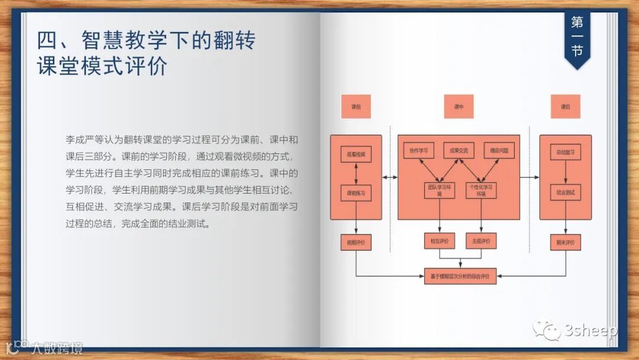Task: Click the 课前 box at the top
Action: [x=356, y=107]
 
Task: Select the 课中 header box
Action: [x=459, y=107]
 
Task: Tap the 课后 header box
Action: [x=565, y=107]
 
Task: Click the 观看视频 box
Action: [x=356, y=155]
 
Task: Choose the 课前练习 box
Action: [x=356, y=193]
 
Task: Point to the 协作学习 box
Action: [x=419, y=150]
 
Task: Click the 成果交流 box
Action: [x=459, y=150]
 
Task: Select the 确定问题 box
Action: [x=499, y=150]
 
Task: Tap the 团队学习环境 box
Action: [x=439, y=189]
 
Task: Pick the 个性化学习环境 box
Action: [x=480, y=189]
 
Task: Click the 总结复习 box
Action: [x=565, y=152]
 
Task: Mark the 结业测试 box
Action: [x=565, y=192]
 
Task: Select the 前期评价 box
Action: [x=356, y=242]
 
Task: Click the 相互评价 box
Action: [x=439, y=241]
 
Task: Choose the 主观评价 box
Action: [x=480, y=241]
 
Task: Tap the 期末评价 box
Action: [x=565, y=242]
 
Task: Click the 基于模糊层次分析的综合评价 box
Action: [x=460, y=276]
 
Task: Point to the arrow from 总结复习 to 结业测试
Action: [x=565, y=172]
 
